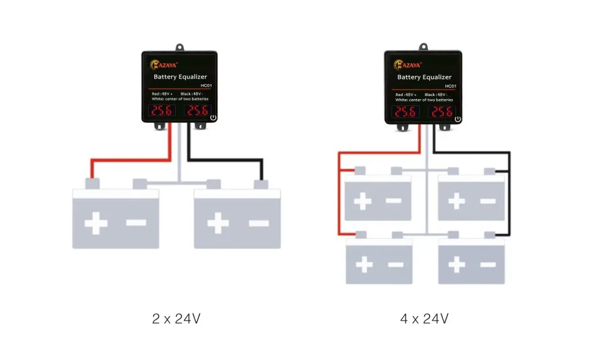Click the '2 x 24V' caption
coord(176,319)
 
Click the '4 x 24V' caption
coord(424,319)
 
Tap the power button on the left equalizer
coord(213,117)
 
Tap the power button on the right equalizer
coord(457,119)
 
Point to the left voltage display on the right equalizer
coord(405,112)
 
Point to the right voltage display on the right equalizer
coord(441,112)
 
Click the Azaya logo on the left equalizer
coord(163,63)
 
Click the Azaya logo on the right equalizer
coord(407,64)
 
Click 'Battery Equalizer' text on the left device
coord(180,77)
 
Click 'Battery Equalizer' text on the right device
coord(424,78)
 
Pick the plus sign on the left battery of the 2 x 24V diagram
coord(95,223)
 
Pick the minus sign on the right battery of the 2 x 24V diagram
coord(258,223)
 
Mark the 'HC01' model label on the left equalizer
coord(206,85)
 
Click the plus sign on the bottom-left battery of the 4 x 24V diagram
coord(364,264)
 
